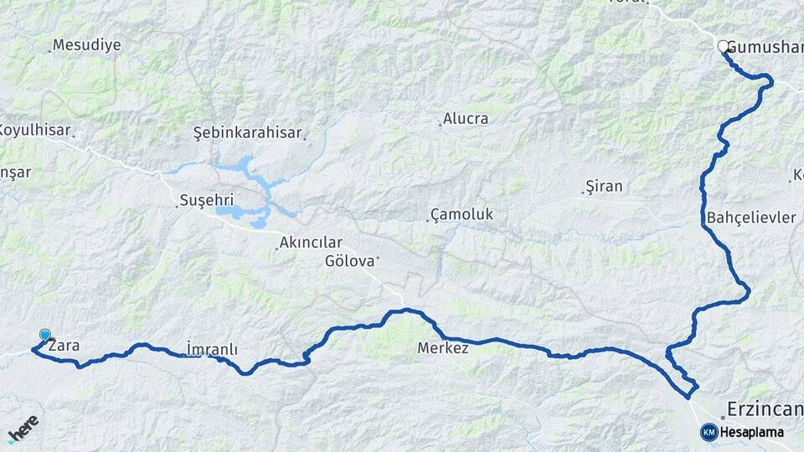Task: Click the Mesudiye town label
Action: pyautogui.click(x=86, y=45)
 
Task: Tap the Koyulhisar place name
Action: pyautogui.click(x=34, y=131)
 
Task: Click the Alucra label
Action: pyautogui.click(x=466, y=119)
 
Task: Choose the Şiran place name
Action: pyautogui.click(x=605, y=186)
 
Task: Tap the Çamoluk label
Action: pyautogui.click(x=462, y=215)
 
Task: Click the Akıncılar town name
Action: pyautogui.click(x=313, y=244)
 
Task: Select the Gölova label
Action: pyautogui.click(x=349, y=261)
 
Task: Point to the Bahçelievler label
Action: pyautogui.click(x=751, y=218)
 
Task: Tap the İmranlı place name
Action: pyautogui.click(x=212, y=349)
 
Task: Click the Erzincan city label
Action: pyautogui.click(x=765, y=410)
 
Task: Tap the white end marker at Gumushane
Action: pyautogui.click(x=724, y=47)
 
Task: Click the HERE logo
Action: pyautogui.click(x=23, y=429)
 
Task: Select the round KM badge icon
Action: pyautogui.click(x=709, y=432)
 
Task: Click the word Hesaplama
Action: pyautogui.click(x=751, y=433)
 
